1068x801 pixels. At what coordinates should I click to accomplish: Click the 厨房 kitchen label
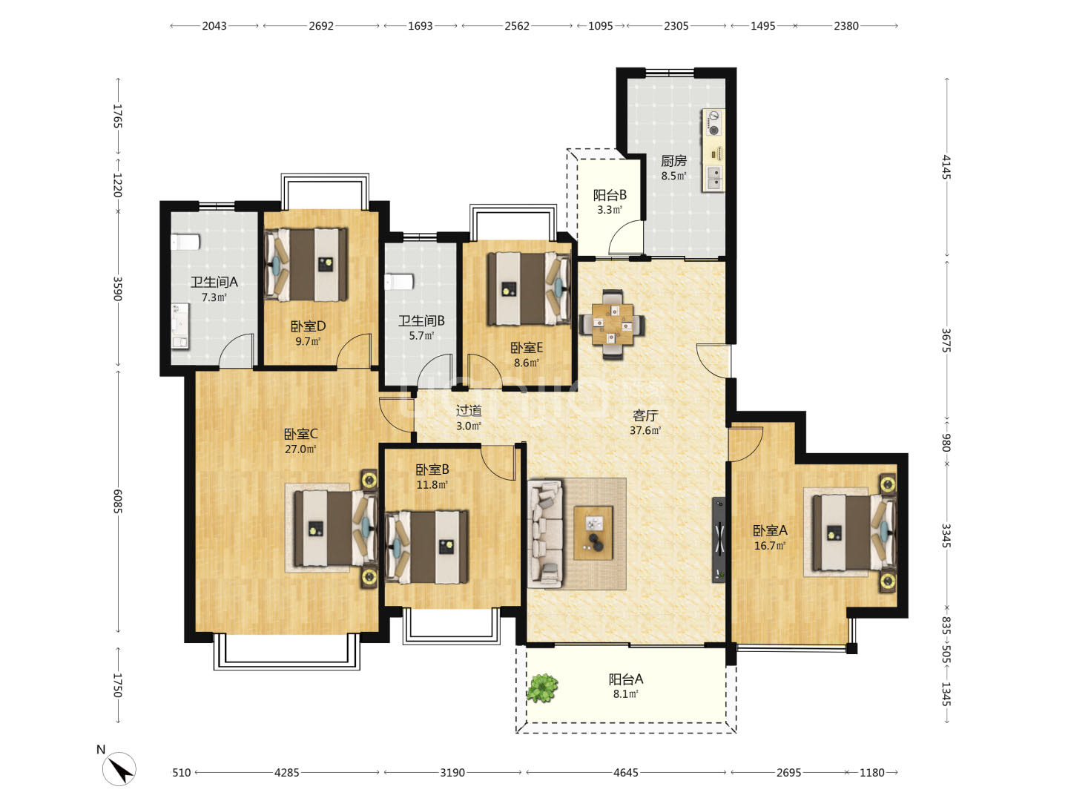(673, 160)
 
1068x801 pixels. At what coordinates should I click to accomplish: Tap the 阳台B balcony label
(610, 195)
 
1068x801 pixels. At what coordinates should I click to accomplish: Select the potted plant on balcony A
(542, 688)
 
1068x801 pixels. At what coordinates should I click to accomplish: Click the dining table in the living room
(613, 324)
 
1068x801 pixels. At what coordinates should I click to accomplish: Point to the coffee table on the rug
(593, 533)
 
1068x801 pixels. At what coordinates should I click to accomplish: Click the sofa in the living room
(545, 533)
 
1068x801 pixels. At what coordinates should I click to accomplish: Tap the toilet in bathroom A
(185, 242)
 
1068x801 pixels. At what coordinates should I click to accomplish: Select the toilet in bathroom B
(399, 282)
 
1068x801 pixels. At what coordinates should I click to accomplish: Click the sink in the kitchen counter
(713, 177)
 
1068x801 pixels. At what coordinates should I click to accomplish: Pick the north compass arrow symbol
(119, 768)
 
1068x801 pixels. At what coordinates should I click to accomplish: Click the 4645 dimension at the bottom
(625, 772)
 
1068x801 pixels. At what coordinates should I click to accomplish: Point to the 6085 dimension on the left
(117, 501)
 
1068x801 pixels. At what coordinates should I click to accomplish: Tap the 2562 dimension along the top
(516, 26)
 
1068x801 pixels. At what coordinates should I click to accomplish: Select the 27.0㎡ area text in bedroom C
(300, 449)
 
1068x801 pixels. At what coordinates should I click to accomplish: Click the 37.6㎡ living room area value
(645, 430)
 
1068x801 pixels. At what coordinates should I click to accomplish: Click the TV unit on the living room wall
(719, 539)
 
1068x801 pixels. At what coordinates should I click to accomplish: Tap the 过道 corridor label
(469, 411)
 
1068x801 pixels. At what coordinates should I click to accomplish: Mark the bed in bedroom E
(529, 289)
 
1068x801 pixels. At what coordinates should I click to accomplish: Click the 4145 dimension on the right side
(946, 167)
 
